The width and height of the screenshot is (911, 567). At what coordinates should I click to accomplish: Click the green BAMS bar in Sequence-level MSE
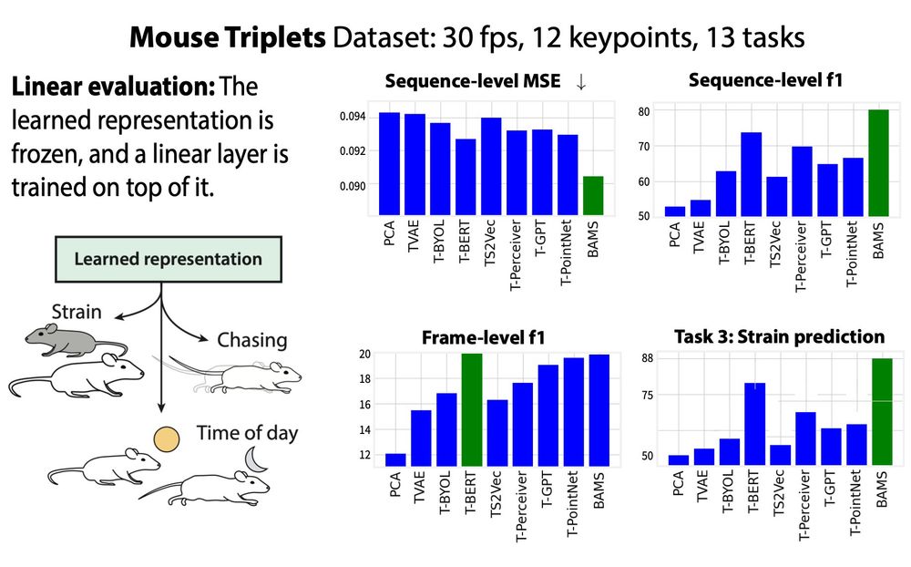[x=593, y=195]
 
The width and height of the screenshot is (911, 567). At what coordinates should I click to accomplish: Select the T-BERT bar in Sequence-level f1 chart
[x=752, y=174]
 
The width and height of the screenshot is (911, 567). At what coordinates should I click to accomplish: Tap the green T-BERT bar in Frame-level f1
[x=472, y=410]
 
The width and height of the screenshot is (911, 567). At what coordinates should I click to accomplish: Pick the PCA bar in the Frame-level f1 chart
[x=395, y=460]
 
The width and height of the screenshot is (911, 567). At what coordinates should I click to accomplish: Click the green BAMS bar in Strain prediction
[x=882, y=412]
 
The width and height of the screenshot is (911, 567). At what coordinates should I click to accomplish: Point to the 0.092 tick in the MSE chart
[x=353, y=151]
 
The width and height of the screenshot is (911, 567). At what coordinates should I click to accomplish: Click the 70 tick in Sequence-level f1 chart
[x=644, y=147]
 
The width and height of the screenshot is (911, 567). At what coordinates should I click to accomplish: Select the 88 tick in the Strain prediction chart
[x=647, y=358]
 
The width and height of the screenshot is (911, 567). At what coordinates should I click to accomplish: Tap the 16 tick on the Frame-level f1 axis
[x=365, y=404]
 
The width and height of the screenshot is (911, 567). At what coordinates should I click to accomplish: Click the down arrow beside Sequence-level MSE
[x=581, y=82]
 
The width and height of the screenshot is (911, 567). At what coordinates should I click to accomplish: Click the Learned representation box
[x=169, y=259]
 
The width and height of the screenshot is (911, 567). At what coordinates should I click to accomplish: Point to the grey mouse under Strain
[x=75, y=340]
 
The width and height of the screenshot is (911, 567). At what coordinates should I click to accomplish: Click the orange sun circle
[x=166, y=439]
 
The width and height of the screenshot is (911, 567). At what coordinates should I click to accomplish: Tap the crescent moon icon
[x=256, y=460]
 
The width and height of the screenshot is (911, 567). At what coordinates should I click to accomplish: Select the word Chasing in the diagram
[x=252, y=340]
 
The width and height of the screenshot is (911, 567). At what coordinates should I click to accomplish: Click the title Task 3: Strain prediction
[x=779, y=336]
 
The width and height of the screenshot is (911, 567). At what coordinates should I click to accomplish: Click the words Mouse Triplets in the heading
[x=227, y=37]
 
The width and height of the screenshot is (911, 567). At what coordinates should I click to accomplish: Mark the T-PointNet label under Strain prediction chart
[x=855, y=503]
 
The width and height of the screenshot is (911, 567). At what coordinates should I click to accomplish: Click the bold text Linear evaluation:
[x=113, y=87]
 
